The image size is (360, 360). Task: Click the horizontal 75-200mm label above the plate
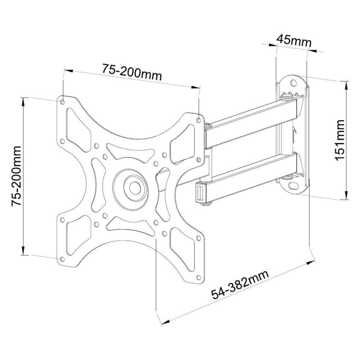point(131,72)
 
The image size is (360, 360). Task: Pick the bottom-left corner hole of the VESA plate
point(63,259)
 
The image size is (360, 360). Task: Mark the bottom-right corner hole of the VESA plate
point(198,277)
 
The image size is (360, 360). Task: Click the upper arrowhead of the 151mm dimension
point(346,85)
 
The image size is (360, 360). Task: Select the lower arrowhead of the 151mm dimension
point(346,196)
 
